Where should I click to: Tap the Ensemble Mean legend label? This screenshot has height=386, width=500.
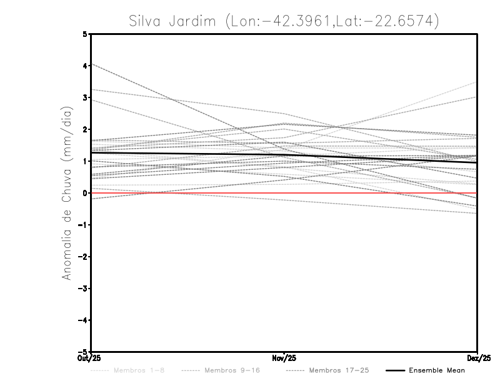437,370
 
